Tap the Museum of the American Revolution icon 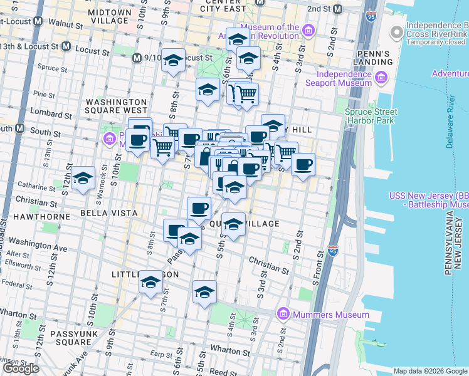(308, 30)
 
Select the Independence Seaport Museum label (339, 78)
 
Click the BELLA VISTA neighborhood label (108, 213)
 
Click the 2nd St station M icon (339, 9)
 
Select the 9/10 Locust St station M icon (137, 58)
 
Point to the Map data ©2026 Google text (429, 371)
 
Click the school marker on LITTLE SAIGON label (150, 282)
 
